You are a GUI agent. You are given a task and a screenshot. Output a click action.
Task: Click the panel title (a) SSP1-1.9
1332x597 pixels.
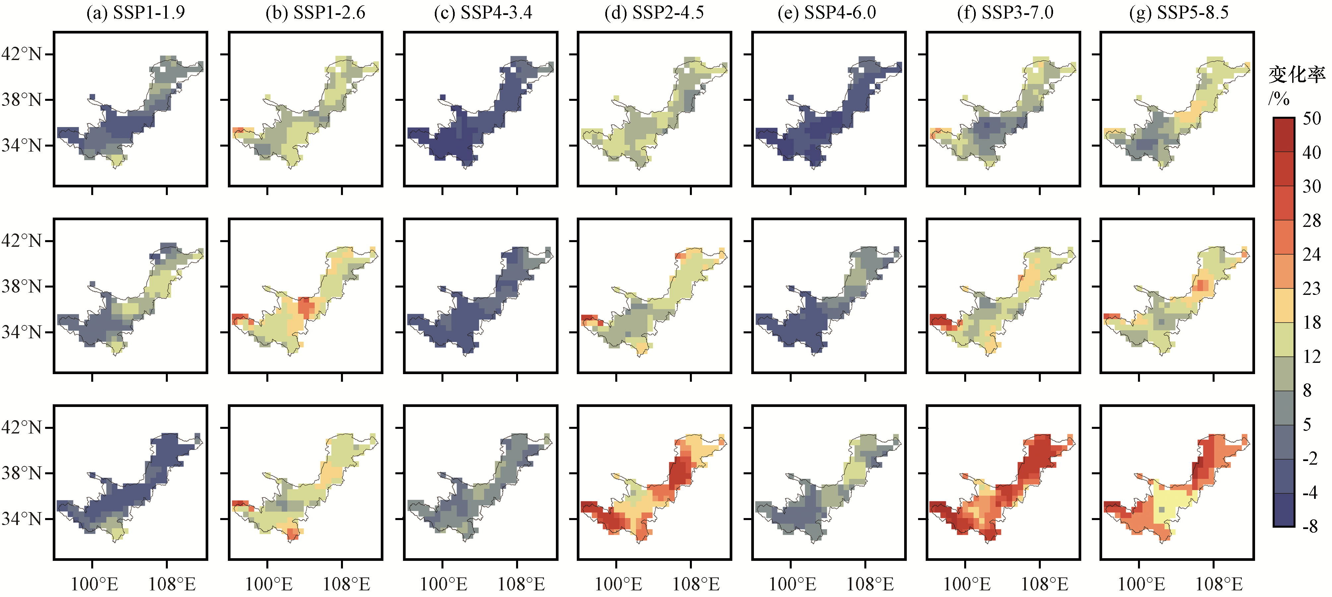pyautogui.click(x=135, y=12)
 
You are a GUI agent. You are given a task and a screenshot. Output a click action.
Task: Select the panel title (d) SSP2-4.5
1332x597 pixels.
pyautogui.click(x=654, y=12)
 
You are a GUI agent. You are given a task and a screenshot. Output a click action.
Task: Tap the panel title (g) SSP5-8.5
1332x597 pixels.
pyautogui.click(x=1179, y=12)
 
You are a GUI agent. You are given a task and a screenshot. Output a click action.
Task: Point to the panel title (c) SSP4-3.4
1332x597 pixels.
pyautogui.click(x=483, y=12)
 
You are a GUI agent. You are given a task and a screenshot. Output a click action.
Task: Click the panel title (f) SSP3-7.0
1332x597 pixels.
pyautogui.click(x=1005, y=12)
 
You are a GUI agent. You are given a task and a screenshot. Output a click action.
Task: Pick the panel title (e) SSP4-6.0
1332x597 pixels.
pyautogui.click(x=827, y=12)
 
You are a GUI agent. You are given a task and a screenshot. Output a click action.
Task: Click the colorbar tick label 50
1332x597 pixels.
pyautogui.click(x=1312, y=118)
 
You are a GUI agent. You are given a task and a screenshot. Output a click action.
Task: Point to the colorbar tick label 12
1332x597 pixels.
pyautogui.click(x=1312, y=356)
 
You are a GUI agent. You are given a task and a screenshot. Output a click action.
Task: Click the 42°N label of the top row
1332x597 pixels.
pyautogui.click(x=21, y=54)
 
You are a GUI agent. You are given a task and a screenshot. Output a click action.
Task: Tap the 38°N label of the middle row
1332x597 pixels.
pyautogui.click(x=21, y=286)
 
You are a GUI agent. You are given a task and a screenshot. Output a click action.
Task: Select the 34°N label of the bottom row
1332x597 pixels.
pyautogui.click(x=21, y=518)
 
